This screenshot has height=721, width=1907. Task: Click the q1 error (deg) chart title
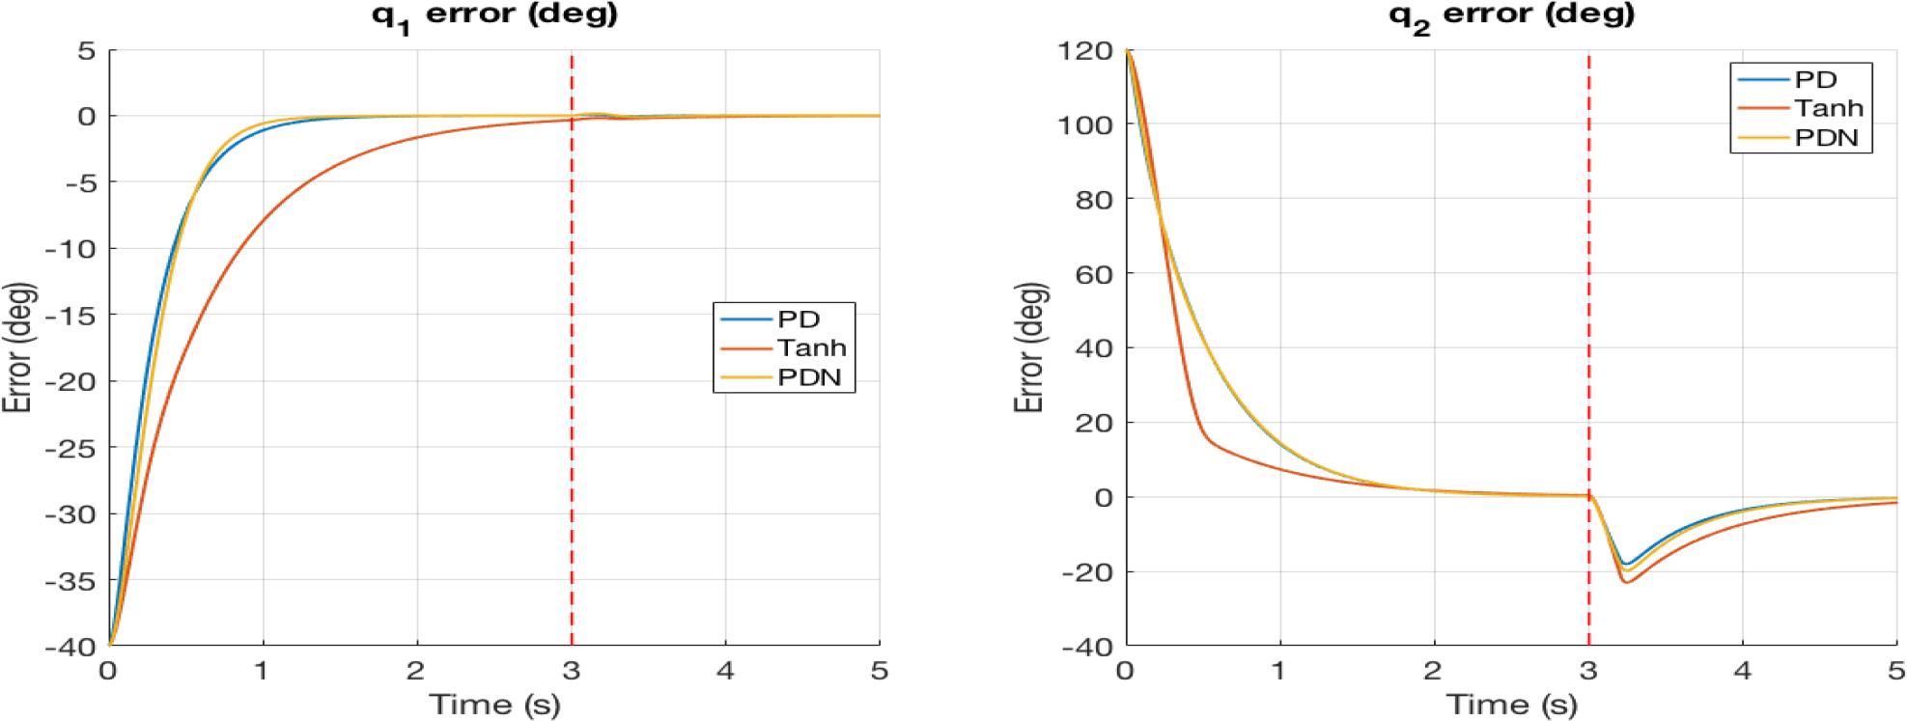click(494, 14)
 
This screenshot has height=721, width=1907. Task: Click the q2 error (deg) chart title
click(1511, 14)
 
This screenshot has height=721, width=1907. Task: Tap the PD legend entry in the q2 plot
click(1815, 80)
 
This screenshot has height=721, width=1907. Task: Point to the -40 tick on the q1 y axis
click(72, 648)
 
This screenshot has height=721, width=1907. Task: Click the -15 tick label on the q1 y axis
click(72, 315)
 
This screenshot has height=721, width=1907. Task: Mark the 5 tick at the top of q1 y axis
click(86, 50)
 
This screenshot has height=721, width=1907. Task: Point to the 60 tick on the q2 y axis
click(1097, 273)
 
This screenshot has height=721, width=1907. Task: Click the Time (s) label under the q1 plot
click(494, 704)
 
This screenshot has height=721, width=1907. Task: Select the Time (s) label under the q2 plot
click(1511, 704)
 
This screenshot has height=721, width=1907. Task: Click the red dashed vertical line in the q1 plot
click(572, 386)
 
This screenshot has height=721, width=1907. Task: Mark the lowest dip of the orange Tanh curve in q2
click(1626, 582)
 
